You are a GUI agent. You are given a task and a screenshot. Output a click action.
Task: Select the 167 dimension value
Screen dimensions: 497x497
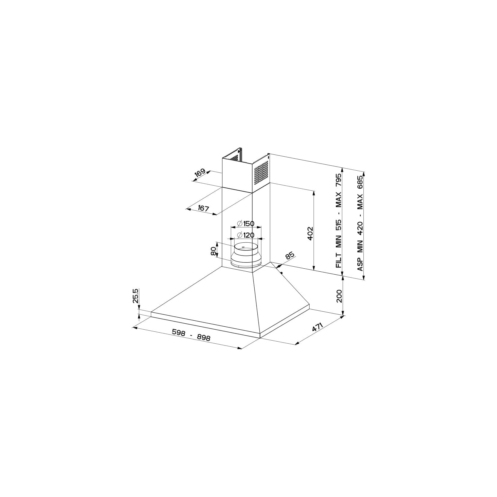click(x=203, y=208)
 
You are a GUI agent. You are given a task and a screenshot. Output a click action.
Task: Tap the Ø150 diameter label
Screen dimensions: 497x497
click(x=245, y=223)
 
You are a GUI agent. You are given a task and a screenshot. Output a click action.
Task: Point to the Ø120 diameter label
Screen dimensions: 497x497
click(x=245, y=235)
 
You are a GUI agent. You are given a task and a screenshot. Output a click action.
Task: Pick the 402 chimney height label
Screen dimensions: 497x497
click(x=310, y=233)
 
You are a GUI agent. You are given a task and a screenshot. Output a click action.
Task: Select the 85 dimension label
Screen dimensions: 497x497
click(x=290, y=256)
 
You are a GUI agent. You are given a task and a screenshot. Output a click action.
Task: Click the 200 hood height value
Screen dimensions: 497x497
click(x=339, y=296)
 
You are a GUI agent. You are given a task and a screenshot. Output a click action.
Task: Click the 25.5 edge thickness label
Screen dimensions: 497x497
click(x=136, y=296)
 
